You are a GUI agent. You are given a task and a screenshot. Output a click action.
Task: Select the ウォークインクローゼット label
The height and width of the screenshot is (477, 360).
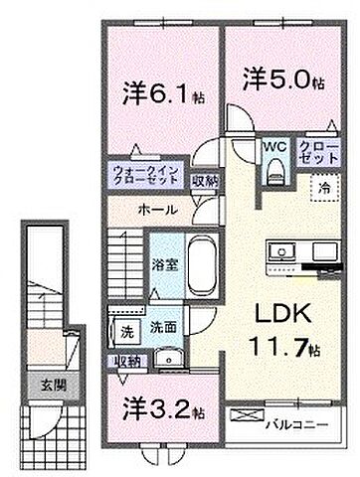(x=152, y=177)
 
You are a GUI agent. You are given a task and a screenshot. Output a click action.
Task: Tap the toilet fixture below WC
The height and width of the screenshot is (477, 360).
(x=273, y=171)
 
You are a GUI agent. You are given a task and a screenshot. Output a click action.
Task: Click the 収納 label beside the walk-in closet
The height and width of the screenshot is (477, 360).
(x=205, y=181)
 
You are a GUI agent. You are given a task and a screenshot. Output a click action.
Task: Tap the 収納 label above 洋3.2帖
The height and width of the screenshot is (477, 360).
(x=127, y=360)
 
